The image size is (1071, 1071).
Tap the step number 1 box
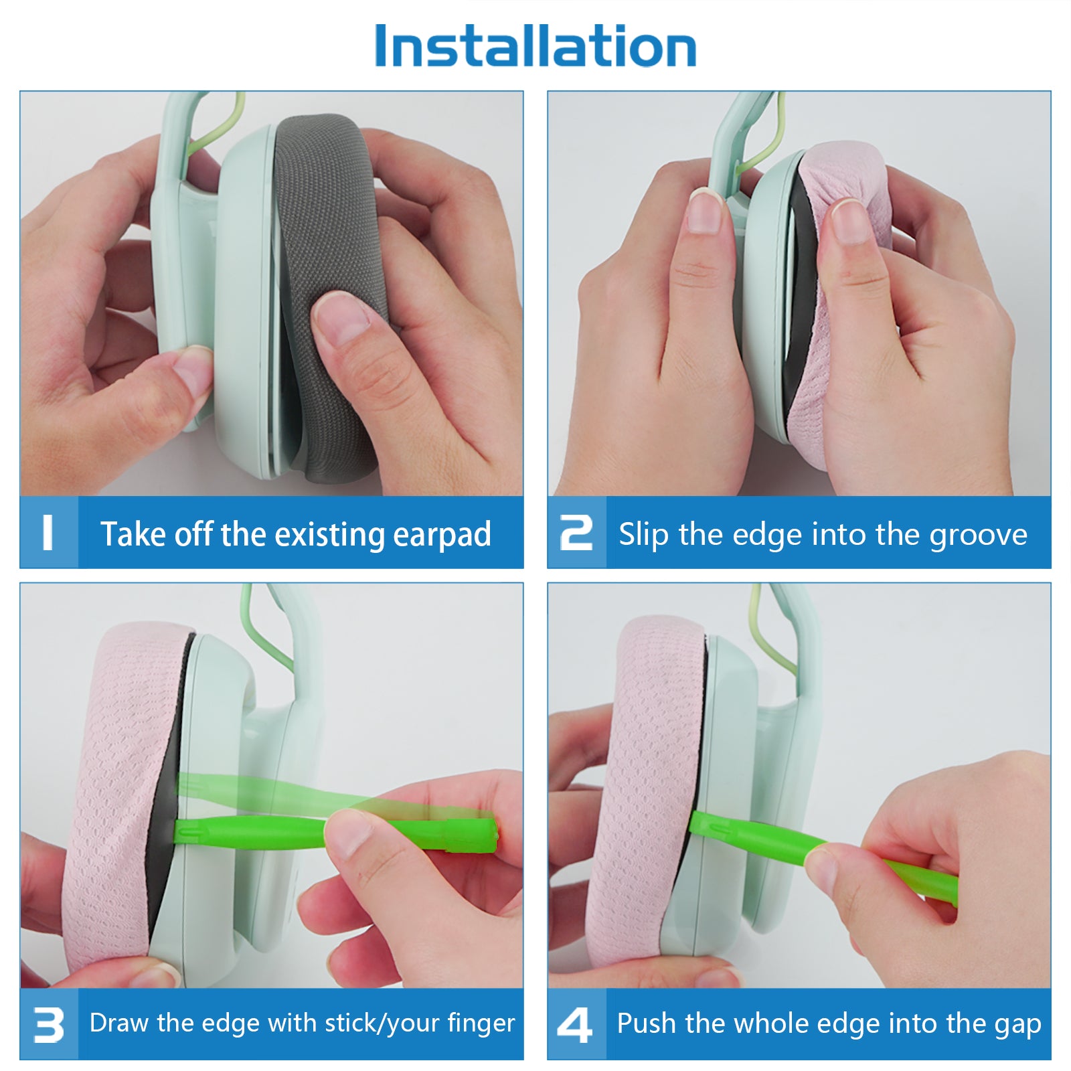pos(49,532)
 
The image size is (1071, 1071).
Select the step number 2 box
pos(576,532)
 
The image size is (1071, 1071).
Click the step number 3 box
pos(49,1024)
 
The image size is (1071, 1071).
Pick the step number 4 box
pos(576,1024)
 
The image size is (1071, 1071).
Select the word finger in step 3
pos(481,1023)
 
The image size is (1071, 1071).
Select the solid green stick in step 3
pos(335,833)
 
